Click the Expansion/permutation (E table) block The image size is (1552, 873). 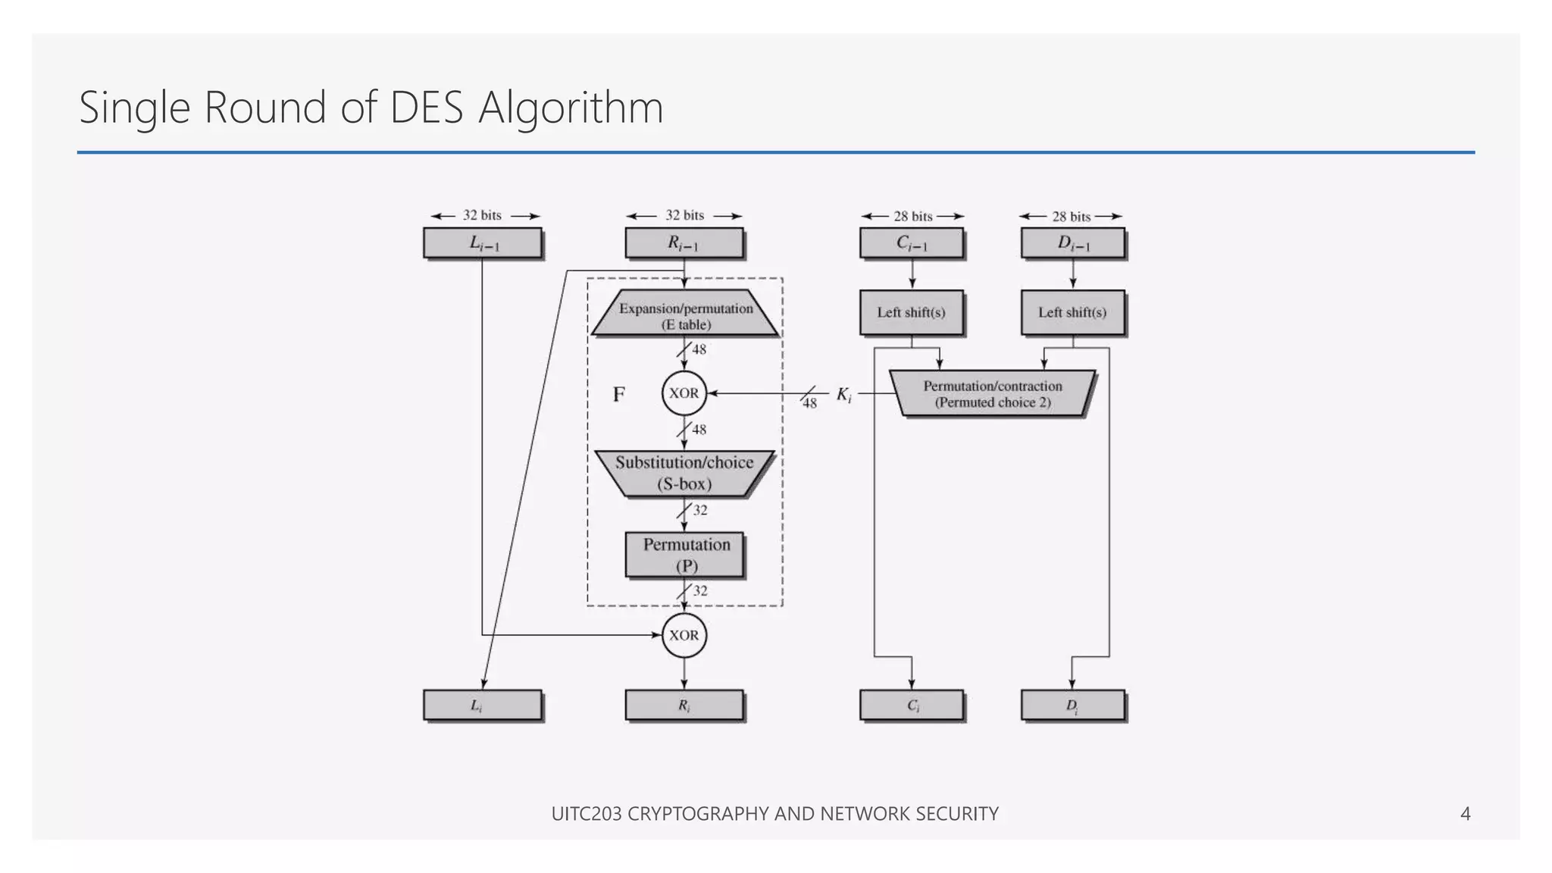(685, 314)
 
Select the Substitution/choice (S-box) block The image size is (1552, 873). (684, 473)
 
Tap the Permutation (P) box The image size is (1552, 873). (685, 555)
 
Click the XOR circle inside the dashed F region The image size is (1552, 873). (684, 393)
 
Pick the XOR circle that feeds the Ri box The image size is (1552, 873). (684, 635)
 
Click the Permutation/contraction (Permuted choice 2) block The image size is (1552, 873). (992, 393)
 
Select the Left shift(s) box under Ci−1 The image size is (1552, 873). (912, 312)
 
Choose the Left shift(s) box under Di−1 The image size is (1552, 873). (1072, 312)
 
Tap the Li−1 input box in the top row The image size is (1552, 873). (483, 243)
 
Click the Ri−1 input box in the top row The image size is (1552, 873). (684, 243)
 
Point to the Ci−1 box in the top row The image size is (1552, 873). (912, 243)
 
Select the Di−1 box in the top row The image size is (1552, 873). (1072, 243)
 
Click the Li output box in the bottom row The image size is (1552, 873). (483, 705)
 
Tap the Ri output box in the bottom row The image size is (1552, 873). (684, 705)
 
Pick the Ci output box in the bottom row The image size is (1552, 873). (912, 705)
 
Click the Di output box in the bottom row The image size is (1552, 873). (1072, 705)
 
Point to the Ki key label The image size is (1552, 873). (843, 394)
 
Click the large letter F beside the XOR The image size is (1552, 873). (619, 394)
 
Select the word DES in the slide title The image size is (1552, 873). (426, 108)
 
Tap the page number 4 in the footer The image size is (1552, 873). (1465, 813)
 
